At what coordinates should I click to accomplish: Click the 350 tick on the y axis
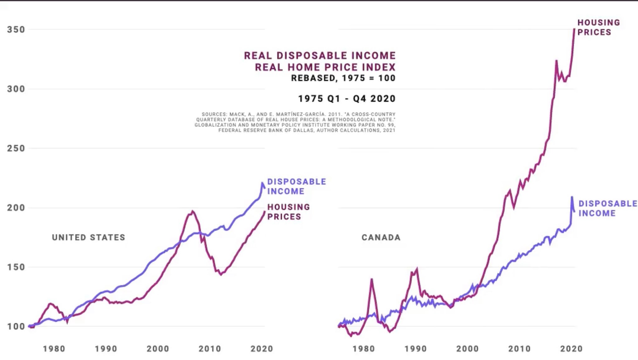click(16, 30)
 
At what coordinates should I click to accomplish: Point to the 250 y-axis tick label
click(16, 148)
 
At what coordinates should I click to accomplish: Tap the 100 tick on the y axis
click(16, 326)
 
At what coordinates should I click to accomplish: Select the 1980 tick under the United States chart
click(54, 348)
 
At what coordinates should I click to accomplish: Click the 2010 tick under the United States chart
click(210, 348)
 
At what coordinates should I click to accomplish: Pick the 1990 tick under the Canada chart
click(416, 348)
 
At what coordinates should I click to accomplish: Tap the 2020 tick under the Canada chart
click(571, 348)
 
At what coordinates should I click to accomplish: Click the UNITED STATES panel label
click(88, 237)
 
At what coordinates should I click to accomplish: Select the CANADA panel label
click(381, 237)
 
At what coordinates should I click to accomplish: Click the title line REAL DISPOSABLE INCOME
click(320, 55)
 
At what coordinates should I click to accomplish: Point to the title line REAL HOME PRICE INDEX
click(325, 67)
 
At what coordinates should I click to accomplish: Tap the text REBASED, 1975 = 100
click(343, 78)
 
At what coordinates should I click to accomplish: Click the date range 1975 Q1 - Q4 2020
click(347, 99)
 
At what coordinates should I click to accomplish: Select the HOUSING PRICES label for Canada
click(598, 27)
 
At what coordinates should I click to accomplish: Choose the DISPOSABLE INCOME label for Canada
click(607, 208)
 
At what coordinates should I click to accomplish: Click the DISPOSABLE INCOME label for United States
click(296, 186)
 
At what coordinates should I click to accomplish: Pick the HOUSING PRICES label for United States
click(288, 212)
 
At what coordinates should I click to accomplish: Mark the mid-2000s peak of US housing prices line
click(192, 211)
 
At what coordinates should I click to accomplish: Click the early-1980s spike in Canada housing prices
click(372, 279)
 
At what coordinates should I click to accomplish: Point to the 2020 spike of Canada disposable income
click(572, 197)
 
